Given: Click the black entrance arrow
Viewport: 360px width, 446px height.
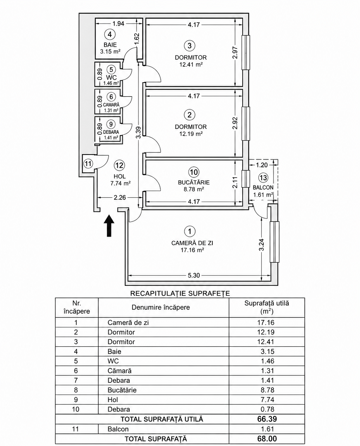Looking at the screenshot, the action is pos(109,226).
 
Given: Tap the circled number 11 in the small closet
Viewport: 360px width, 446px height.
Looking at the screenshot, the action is pos(88,164).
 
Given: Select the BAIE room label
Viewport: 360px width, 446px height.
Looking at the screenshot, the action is pos(110,45).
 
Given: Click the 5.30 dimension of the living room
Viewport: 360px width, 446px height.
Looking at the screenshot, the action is pos(194,275).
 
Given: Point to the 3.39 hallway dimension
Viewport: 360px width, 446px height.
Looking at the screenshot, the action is pos(139,132).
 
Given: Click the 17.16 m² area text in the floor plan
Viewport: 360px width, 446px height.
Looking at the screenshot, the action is pos(192,250).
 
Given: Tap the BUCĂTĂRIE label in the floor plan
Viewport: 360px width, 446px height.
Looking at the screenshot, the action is pos(194,182).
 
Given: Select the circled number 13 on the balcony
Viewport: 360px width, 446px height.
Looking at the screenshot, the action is pos(263,178).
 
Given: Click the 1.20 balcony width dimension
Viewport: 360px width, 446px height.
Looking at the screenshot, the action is pos(262,165).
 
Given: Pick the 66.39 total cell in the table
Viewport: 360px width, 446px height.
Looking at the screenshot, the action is pos(267,419).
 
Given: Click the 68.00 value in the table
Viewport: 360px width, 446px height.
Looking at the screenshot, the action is pos(267,439).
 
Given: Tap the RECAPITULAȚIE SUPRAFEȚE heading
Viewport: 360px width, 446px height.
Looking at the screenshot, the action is pos(180,294).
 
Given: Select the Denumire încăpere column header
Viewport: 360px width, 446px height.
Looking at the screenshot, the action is pos(161,307).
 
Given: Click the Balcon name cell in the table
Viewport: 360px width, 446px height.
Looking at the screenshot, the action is pos(118,429).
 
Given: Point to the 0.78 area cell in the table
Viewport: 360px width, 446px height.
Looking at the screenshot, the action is pos(268,409).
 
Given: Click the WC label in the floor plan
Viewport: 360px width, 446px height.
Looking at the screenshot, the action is pos(111,78).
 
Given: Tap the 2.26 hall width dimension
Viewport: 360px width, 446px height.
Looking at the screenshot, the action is pos(120,197).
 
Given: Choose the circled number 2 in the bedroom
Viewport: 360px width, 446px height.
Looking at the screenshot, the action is pos(189,115).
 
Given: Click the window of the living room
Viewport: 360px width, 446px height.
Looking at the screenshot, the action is pos(275,242).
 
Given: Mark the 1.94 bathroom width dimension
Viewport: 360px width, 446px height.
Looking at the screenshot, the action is pos(118,24).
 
